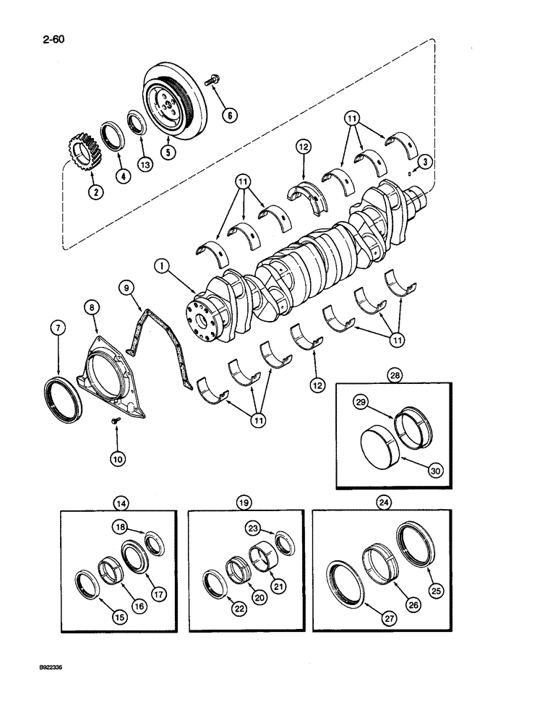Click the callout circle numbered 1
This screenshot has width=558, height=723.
163,267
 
